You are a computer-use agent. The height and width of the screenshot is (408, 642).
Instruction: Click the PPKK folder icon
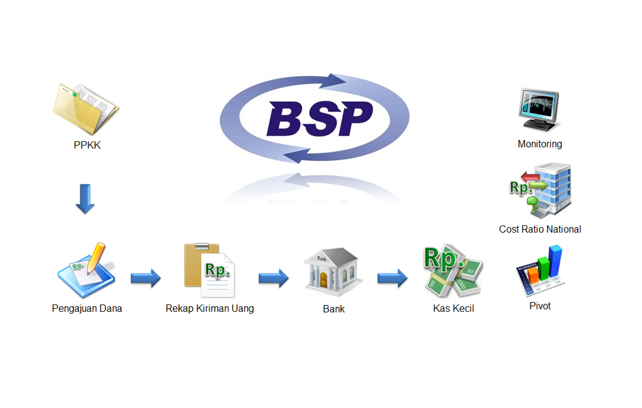[86, 109]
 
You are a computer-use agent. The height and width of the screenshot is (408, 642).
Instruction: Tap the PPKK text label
[87, 145]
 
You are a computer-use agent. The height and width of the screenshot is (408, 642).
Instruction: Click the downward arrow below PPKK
[85, 198]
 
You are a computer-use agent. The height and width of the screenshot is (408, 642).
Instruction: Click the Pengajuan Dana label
[87, 308]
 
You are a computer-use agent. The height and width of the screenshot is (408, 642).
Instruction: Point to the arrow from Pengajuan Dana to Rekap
[145, 278]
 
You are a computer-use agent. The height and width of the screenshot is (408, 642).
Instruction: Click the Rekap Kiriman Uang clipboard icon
[209, 270]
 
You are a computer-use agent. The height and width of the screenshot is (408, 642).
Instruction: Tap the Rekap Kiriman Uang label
[210, 308]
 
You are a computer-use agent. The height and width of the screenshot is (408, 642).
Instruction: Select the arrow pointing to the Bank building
[273, 278]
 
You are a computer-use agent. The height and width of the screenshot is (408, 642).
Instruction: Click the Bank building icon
[333, 272]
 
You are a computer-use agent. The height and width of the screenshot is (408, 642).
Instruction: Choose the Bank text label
[333, 309]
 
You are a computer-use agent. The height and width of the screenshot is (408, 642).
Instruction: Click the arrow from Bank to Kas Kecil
[392, 278]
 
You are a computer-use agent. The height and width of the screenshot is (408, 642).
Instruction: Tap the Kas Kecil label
[453, 308]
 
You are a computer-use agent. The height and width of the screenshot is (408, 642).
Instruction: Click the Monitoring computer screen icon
[540, 109]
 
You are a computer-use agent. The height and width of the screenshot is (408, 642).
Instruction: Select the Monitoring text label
[540, 144]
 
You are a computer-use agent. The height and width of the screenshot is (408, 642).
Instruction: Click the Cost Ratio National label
[540, 229]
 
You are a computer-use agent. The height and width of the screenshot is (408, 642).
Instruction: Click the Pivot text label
[540, 306]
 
